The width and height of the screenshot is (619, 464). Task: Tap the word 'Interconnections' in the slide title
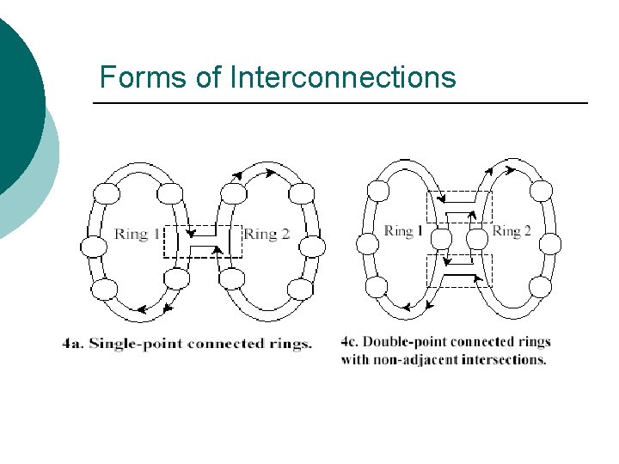pyautogui.click(x=342, y=77)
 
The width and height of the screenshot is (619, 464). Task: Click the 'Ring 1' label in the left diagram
pyautogui.click(x=137, y=234)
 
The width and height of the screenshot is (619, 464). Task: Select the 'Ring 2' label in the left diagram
pyautogui.click(x=267, y=234)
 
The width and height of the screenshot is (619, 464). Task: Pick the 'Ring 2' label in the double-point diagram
pyautogui.click(x=512, y=230)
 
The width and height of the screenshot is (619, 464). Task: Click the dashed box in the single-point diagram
pyautogui.click(x=203, y=242)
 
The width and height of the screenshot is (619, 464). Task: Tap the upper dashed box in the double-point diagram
pyautogui.click(x=459, y=208)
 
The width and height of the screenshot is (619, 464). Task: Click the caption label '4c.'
pyautogui.click(x=351, y=341)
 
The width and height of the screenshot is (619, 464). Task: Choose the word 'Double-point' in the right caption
pyautogui.click(x=404, y=341)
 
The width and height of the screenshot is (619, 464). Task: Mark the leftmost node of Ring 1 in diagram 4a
pyautogui.click(x=94, y=247)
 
